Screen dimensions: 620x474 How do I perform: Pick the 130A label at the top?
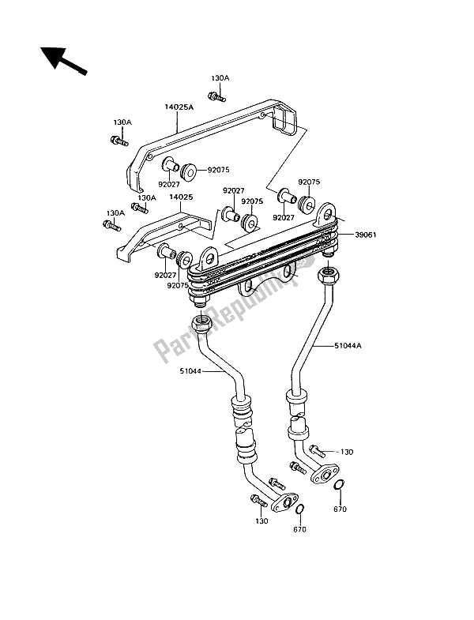(x=220, y=78)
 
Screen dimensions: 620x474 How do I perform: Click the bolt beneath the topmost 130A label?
(x=214, y=97)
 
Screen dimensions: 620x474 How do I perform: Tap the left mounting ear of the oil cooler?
(x=209, y=256)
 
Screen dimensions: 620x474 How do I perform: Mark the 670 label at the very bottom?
(x=299, y=530)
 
